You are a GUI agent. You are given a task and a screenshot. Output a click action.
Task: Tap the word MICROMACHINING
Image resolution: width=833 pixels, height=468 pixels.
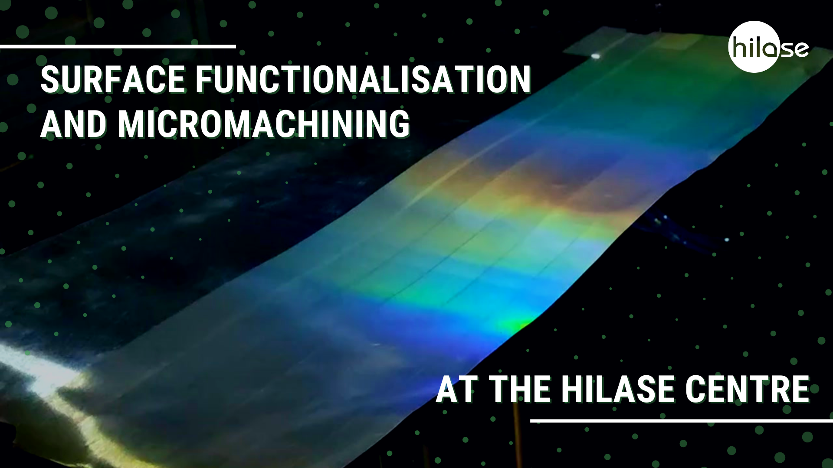pos(263,124)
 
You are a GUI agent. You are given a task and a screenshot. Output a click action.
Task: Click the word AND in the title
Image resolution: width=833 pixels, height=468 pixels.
pos(73,124)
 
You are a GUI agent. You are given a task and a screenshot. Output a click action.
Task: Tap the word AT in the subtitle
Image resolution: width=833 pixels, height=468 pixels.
pos(458,389)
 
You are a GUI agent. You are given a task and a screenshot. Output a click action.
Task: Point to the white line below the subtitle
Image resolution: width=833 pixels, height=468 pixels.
pos(681,420)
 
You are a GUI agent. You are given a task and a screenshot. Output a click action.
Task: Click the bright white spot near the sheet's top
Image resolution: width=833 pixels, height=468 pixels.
pos(596,56)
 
